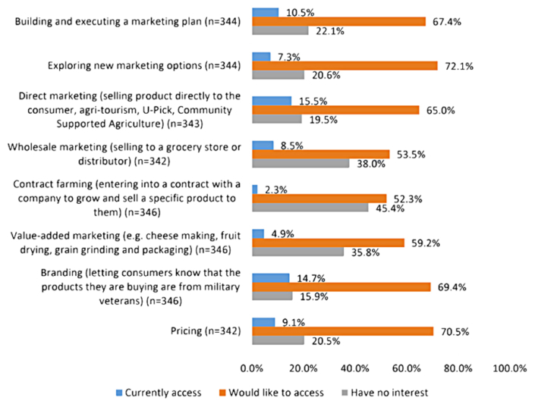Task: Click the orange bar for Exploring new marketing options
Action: tap(345, 66)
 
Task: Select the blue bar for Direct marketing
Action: tap(271, 101)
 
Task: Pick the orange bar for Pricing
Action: tap(342, 330)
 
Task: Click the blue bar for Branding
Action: tap(270, 277)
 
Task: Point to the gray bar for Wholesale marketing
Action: tap(301, 163)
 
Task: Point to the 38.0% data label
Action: tap(370, 163)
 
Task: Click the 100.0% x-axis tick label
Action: tap(509, 368)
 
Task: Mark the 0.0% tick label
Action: tap(252, 368)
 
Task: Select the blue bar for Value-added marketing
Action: tap(258, 234)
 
